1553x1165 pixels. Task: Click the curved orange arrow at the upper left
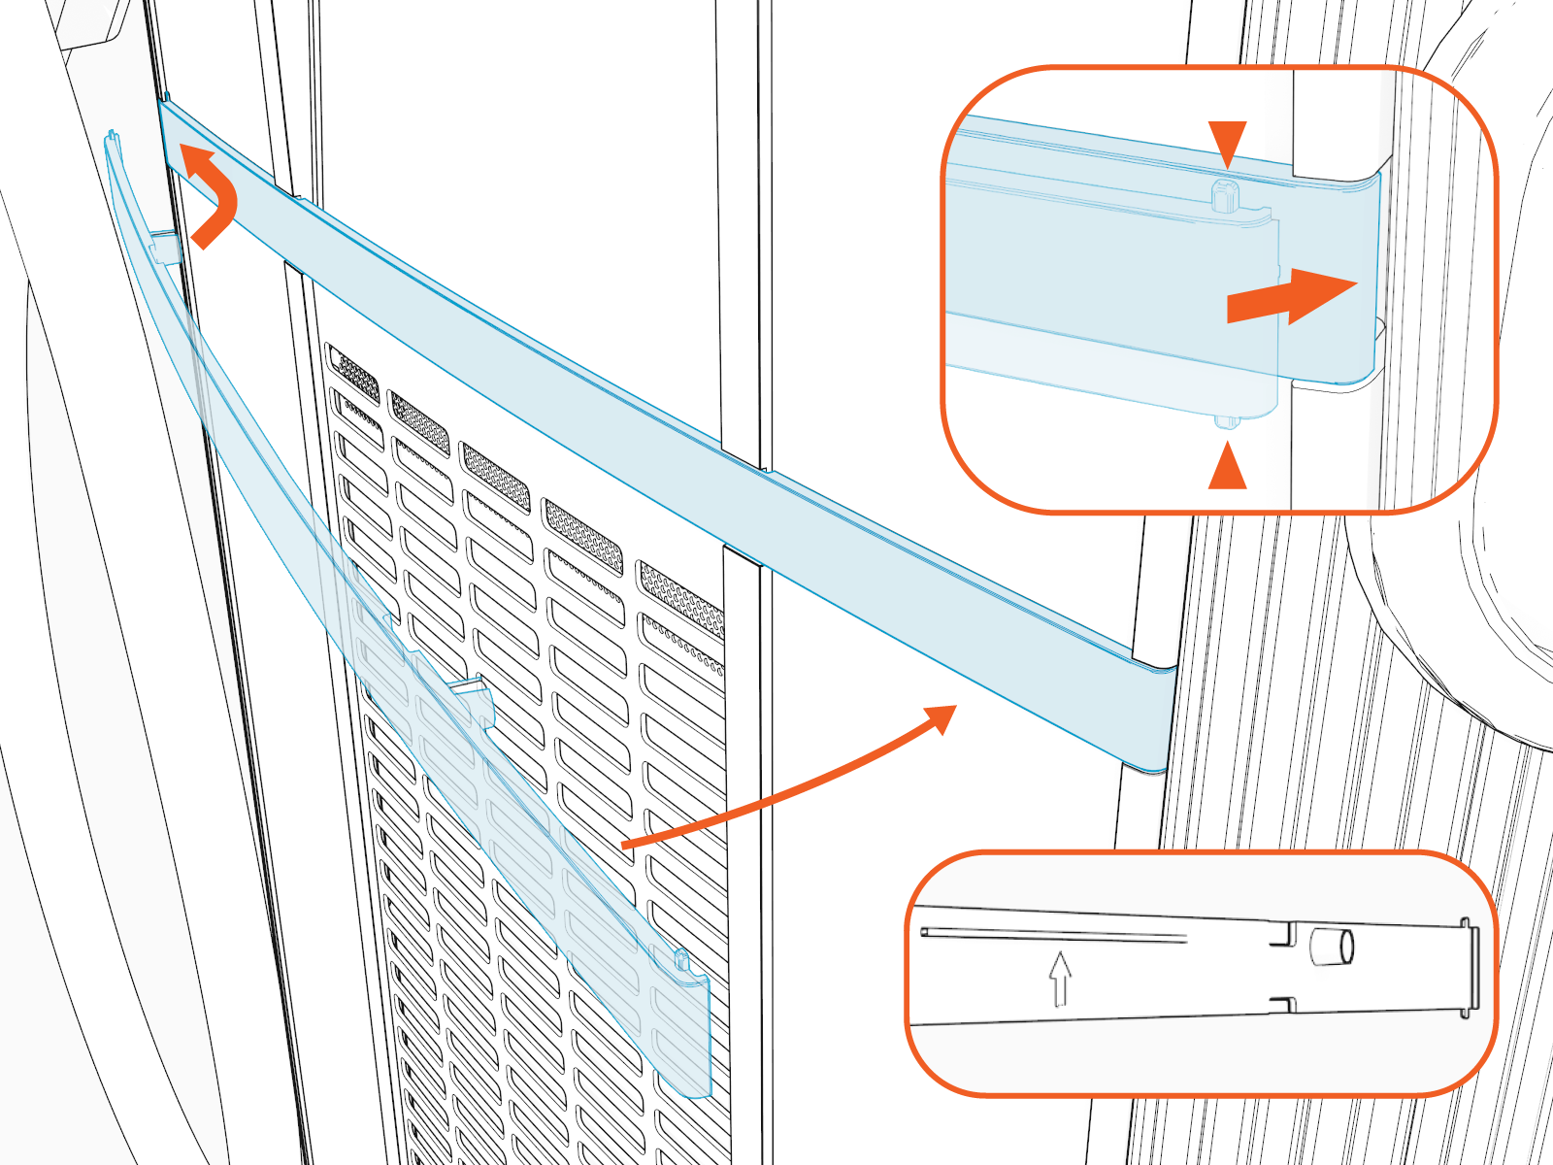coord(215,194)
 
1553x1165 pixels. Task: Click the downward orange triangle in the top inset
coord(1227,142)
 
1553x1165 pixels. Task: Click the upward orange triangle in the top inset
coord(1227,467)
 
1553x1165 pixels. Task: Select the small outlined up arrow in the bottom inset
coord(1060,979)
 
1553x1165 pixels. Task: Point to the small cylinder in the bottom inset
coord(1331,947)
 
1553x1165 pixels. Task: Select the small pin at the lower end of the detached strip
coord(681,961)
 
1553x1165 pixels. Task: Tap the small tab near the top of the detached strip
coord(165,247)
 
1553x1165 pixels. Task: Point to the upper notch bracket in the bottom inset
coord(1284,936)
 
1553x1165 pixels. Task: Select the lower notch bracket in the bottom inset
coord(1284,1004)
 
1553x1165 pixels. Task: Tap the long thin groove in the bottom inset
coord(1053,935)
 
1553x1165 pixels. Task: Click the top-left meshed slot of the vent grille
coord(354,372)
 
